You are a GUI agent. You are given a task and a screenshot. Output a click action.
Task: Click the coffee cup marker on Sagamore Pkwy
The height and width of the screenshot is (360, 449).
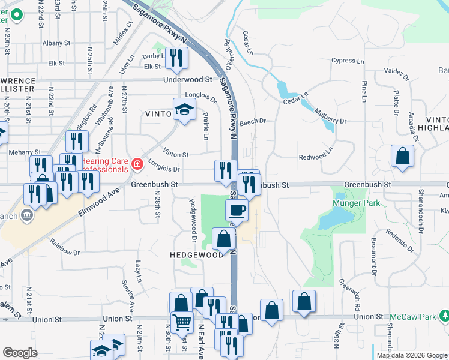tap(237, 211)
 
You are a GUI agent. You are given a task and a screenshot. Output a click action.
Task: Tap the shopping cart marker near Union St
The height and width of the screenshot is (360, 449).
tap(182, 322)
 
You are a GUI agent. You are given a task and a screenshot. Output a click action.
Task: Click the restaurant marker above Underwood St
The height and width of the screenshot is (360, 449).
tap(176, 58)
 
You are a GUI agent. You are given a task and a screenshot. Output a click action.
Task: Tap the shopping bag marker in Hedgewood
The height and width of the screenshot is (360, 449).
tap(223, 239)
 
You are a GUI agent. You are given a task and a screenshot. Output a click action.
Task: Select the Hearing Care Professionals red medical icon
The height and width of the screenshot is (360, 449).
tap(137, 163)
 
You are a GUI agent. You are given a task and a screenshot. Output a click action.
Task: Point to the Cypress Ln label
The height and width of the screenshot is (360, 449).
tap(348, 61)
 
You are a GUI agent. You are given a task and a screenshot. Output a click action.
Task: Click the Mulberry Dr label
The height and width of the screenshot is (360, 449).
tap(326, 121)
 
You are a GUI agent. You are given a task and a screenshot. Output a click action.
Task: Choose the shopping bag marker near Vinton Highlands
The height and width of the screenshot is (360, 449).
tap(402, 157)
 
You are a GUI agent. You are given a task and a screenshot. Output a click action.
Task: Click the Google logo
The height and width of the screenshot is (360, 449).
tap(20, 353)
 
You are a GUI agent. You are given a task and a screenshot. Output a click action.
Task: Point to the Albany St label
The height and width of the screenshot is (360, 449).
tap(57, 43)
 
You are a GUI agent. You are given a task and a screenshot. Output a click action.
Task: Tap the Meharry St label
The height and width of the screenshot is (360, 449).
tap(25, 152)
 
